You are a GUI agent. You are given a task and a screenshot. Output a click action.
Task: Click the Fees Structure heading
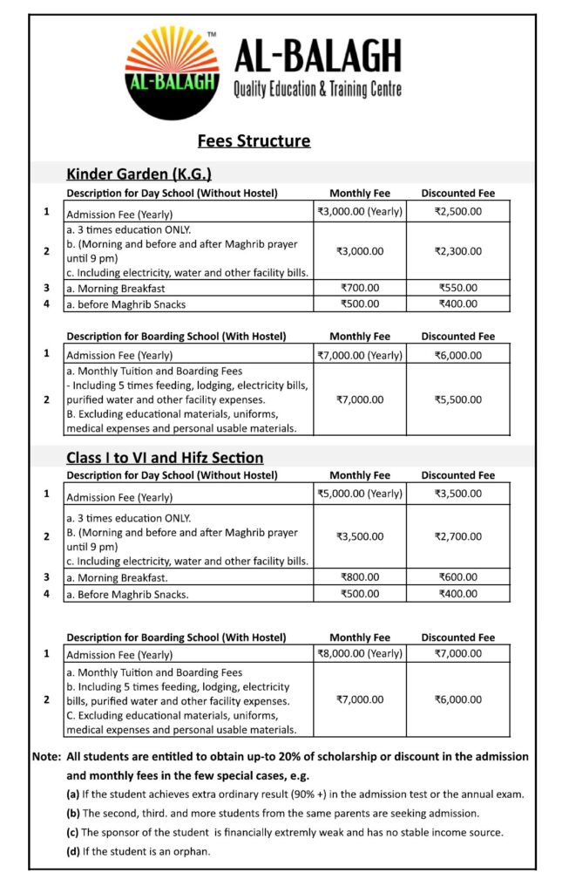point(254,140)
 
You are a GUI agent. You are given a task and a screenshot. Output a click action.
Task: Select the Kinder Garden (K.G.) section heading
point(139,174)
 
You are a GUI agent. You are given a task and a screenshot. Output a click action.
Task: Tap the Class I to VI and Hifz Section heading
point(165,457)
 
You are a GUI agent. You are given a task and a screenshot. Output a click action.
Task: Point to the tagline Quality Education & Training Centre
point(318,89)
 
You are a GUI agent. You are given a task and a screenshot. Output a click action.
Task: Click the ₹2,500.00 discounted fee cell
point(457,211)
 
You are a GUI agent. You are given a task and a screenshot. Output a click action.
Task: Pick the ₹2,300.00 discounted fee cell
point(457,251)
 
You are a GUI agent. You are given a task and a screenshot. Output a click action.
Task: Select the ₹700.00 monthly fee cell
point(360,288)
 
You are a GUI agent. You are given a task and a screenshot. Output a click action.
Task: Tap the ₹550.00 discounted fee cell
point(457,288)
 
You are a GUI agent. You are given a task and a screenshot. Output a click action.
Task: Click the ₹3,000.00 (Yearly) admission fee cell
point(360,211)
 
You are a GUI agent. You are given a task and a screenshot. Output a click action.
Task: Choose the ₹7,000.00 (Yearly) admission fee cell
point(360,355)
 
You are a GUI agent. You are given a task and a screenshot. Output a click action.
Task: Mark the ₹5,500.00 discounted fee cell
point(457,399)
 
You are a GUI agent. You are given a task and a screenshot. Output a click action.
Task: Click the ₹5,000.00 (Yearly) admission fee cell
point(360,494)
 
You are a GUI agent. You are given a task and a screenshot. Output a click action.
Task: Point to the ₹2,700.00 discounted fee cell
point(457,536)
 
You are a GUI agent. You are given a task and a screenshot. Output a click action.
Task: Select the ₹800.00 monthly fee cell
point(360,576)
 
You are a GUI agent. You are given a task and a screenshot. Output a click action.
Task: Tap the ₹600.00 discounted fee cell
point(457,576)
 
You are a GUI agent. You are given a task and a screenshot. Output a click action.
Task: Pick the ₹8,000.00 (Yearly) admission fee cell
point(360,653)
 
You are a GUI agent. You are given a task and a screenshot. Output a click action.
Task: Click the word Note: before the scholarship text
point(46,756)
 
